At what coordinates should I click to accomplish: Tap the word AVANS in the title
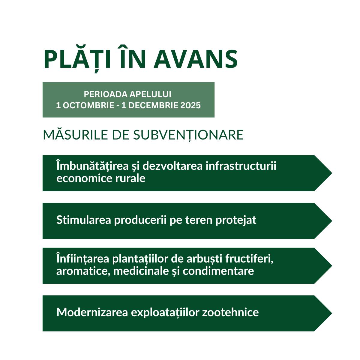196,59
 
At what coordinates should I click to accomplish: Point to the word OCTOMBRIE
88,105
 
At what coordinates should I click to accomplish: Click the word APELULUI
150,94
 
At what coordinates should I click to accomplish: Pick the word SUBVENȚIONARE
188,135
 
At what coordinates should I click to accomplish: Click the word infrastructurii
241,166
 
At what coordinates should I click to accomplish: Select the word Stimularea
83,220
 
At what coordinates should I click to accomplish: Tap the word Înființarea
82,259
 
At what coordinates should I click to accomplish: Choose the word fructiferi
249,259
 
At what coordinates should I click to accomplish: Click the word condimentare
218,271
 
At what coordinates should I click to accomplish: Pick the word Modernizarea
92,312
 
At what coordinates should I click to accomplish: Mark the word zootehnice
230,312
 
